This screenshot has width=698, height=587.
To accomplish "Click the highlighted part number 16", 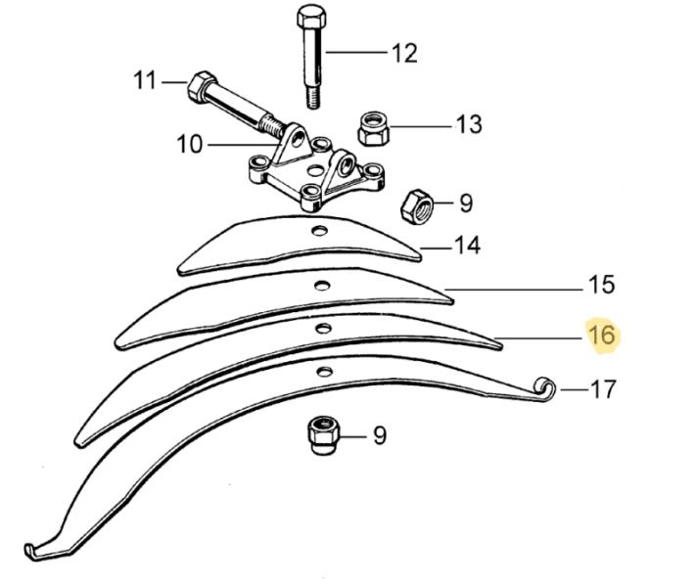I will (601, 336).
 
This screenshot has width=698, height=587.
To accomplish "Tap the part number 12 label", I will (403, 52).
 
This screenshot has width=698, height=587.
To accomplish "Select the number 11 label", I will (145, 80).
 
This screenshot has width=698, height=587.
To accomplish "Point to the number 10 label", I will (189, 145).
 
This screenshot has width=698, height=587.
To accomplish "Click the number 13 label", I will (468, 124).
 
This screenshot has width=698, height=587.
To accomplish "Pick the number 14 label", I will (467, 245).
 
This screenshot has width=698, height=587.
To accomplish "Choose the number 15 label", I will (601, 285).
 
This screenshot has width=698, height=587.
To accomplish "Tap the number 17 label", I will (602, 389).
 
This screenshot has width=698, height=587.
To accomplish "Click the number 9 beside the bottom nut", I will (379, 434).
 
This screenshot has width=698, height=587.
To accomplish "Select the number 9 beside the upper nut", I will (466, 203).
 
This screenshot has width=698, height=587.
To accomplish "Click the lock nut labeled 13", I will (373, 126).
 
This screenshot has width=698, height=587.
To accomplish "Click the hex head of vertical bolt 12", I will (308, 21).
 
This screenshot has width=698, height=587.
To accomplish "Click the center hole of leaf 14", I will (318, 232).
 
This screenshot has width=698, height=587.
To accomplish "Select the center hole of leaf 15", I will (319, 286).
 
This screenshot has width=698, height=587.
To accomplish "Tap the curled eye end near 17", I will (547, 387).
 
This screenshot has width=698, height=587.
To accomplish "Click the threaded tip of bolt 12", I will (313, 98).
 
